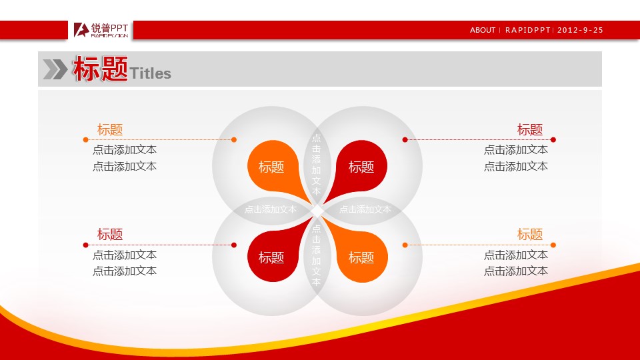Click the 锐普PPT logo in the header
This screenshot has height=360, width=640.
[x=101, y=30]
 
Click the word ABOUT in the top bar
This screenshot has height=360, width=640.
[x=483, y=30]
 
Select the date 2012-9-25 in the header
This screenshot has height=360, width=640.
[x=580, y=30]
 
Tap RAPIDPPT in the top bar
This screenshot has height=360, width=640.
[x=528, y=30]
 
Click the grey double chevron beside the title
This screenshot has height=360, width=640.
[x=55, y=69]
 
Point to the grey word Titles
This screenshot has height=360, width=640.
[x=150, y=73]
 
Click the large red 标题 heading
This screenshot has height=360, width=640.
[x=101, y=69]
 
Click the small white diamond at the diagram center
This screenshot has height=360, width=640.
[x=317, y=211]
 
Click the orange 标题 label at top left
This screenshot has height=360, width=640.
[x=110, y=129]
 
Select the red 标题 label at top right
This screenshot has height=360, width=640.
[x=530, y=129]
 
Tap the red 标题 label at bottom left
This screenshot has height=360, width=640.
[x=110, y=234]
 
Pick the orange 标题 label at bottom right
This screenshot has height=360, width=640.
[x=530, y=234]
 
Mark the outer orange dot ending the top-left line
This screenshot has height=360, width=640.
[x=86, y=139]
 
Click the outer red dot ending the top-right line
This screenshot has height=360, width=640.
[x=553, y=139]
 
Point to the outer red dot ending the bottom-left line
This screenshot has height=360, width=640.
[x=86, y=245]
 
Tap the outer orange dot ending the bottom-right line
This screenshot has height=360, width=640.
[x=553, y=245]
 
